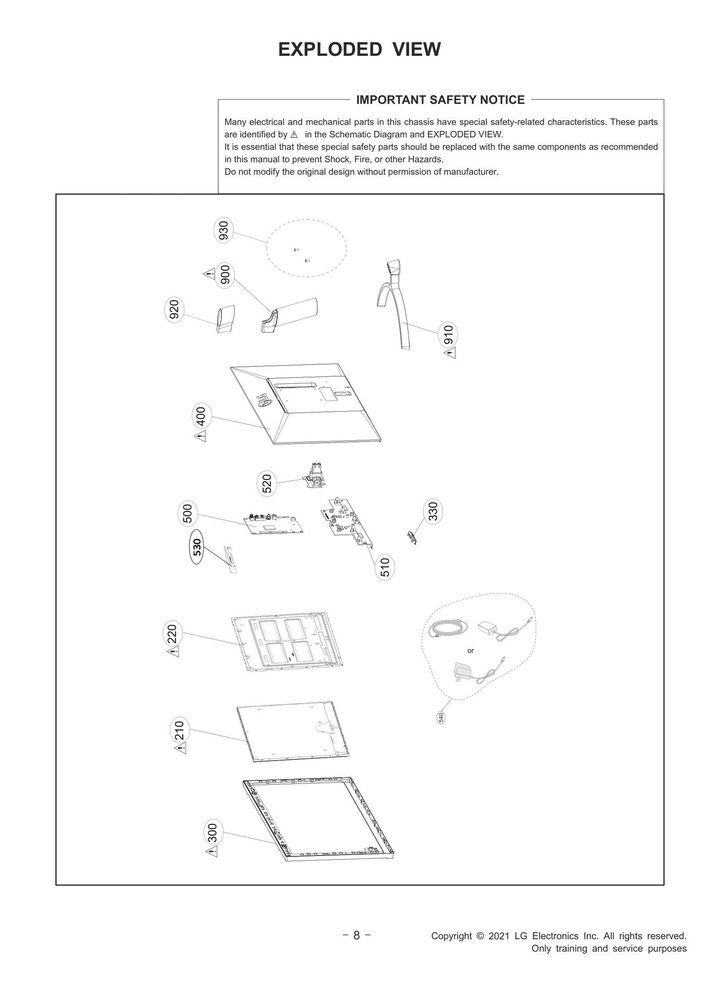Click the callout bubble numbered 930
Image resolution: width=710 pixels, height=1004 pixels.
click(x=224, y=231)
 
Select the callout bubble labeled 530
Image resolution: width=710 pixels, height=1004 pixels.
click(x=197, y=547)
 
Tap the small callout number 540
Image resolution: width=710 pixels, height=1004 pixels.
click(x=441, y=717)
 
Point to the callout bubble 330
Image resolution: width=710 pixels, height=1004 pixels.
click(x=433, y=511)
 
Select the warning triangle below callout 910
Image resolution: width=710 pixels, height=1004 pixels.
click(x=450, y=353)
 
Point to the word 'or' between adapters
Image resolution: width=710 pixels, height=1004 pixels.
click(x=470, y=651)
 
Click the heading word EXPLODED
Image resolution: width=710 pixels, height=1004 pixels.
click(x=330, y=49)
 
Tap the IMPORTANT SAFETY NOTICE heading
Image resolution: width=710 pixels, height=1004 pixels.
click(x=440, y=100)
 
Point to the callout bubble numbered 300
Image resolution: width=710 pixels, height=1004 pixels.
click(x=213, y=833)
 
